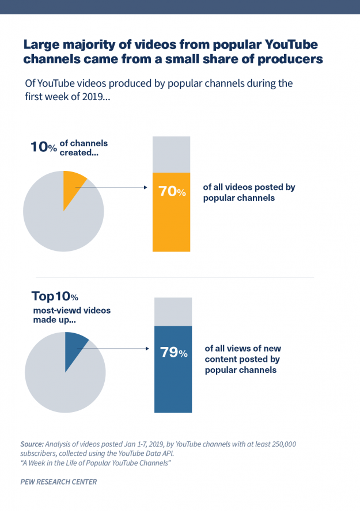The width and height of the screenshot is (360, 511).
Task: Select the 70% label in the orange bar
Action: (172, 192)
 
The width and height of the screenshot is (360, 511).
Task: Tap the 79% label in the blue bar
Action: (173, 352)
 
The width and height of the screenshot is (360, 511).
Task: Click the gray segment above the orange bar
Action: (171, 154)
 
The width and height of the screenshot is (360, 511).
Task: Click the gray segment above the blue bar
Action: (173, 311)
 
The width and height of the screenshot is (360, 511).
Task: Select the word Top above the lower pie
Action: (43, 296)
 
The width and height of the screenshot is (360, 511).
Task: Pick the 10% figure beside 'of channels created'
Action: (43, 147)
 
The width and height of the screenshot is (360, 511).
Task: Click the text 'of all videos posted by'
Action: (249, 187)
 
